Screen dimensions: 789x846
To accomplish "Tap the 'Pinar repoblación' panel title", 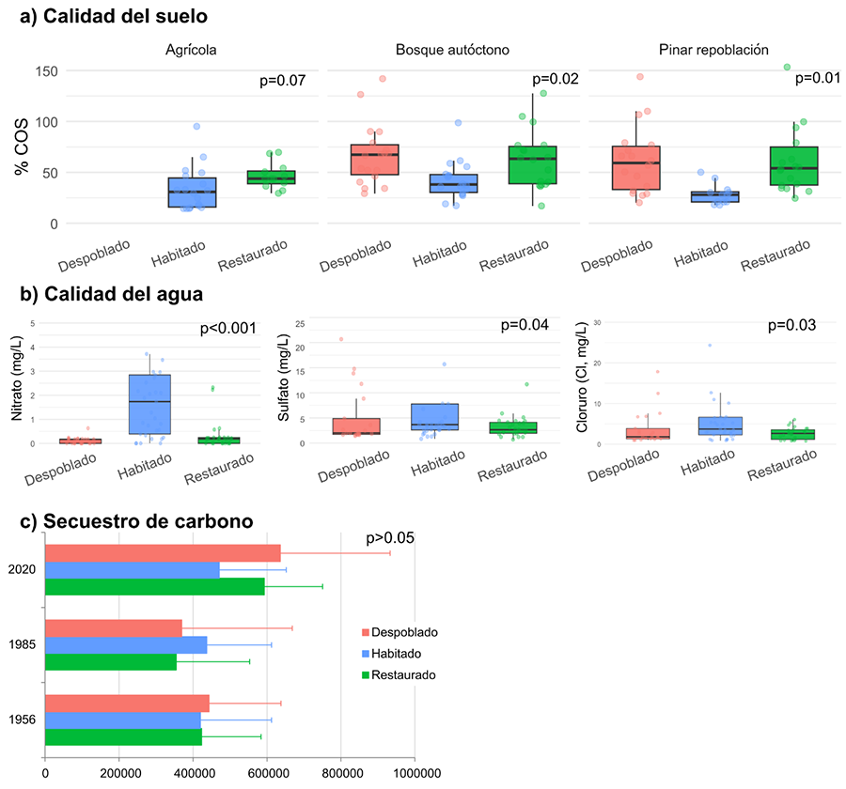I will pyautogui.click(x=714, y=49).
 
